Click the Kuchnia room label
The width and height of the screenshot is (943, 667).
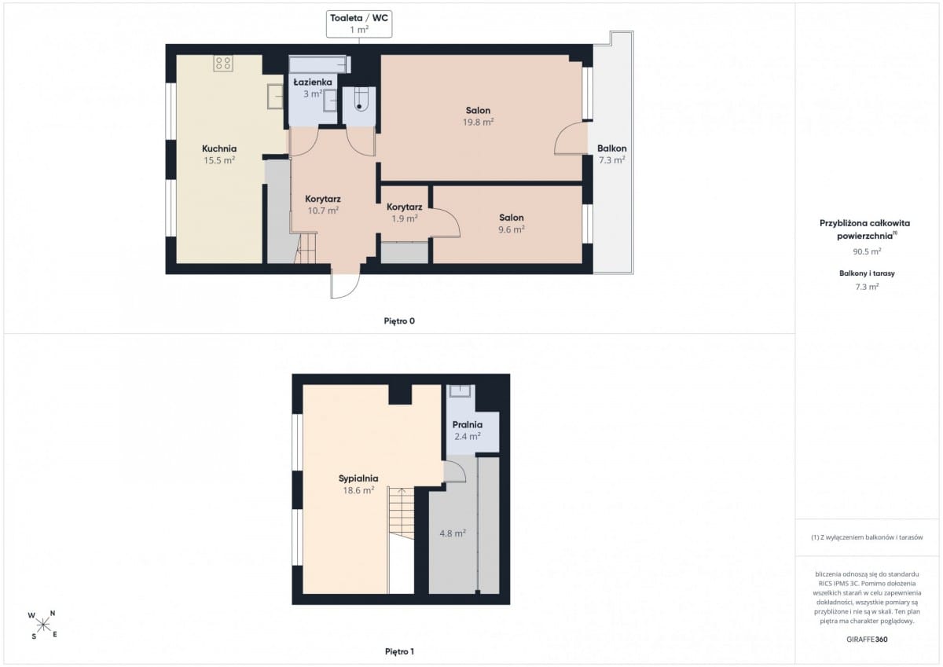[219, 148]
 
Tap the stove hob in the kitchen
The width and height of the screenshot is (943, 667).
[223, 64]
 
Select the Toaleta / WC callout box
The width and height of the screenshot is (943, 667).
[359, 24]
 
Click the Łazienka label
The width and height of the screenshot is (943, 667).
[313, 82]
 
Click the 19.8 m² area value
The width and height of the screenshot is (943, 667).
[478, 122]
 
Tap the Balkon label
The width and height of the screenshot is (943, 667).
[611, 148]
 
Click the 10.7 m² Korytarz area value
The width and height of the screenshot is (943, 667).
[323, 211]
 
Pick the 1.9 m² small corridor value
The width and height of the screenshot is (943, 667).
[404, 218]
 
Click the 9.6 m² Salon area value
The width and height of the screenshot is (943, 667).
[511, 229]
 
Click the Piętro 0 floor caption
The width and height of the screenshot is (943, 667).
[399, 321]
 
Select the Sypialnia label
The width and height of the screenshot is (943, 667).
[358, 478]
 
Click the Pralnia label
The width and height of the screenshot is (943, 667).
[468, 424]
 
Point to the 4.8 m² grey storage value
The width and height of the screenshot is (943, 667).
[453, 533]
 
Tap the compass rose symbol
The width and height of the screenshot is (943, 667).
[43, 625]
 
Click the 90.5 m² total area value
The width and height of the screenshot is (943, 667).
[867, 251]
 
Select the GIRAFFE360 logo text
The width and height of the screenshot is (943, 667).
[867, 640]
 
